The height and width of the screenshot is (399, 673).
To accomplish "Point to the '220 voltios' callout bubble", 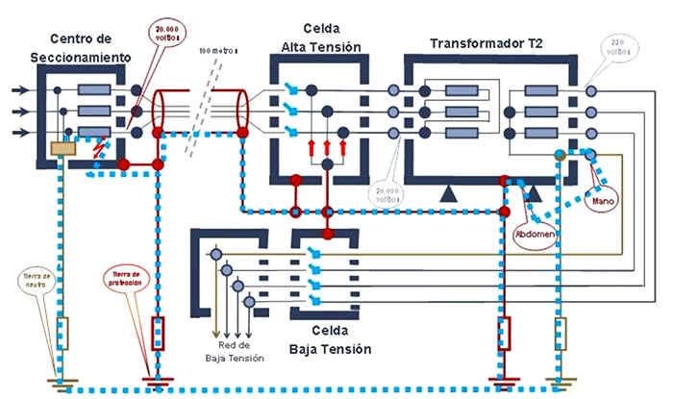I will pos(614,48).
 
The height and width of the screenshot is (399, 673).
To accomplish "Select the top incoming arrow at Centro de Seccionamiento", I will pos(20,91).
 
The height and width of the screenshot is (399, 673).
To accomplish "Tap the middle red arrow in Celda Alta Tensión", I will pos(327,147).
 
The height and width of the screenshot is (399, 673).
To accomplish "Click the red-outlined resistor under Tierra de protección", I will pos(159,333).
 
